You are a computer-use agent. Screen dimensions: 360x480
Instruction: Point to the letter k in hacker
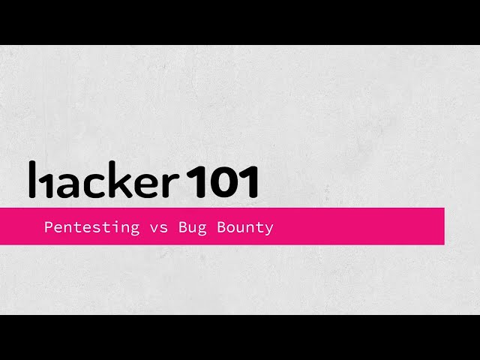120,180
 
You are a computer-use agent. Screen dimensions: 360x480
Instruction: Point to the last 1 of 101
250,181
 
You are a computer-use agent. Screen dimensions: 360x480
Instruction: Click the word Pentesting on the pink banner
91,227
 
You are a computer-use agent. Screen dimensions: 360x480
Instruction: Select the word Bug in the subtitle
191,227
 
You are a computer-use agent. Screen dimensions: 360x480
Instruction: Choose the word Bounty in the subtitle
246,227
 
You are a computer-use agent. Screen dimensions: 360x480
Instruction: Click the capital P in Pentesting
49,226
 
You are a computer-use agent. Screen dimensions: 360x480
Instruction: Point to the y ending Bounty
269,229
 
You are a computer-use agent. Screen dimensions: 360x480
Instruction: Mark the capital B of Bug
182,226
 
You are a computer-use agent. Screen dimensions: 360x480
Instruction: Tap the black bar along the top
240,22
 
